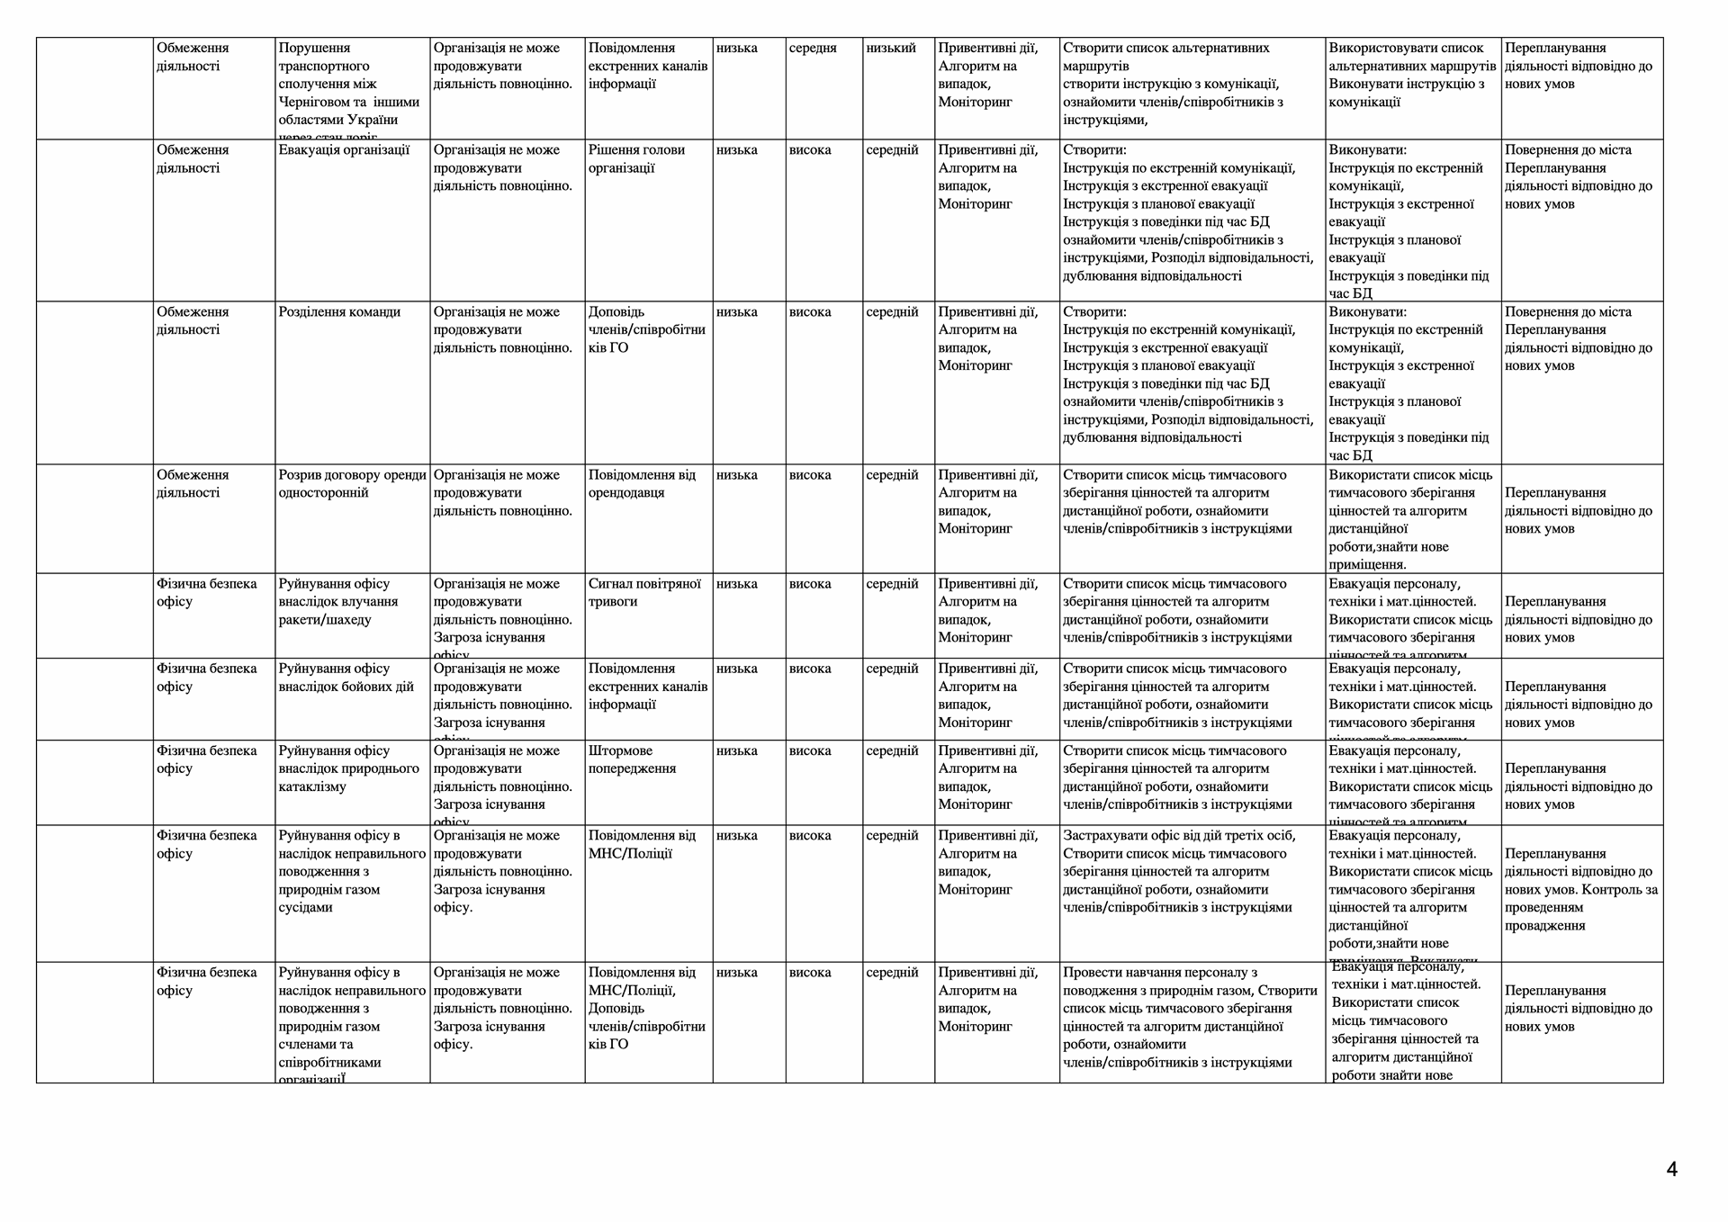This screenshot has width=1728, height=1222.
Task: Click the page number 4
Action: click(1671, 1170)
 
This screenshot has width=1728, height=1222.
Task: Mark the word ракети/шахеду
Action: click(325, 620)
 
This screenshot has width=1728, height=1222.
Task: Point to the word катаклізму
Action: click(312, 787)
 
